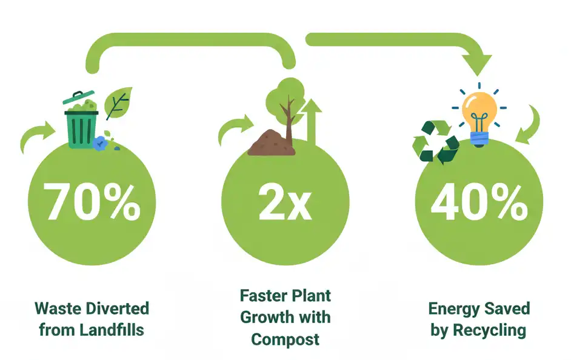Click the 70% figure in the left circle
point(92,201)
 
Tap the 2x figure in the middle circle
point(285,202)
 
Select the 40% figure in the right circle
point(479,202)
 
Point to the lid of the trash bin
point(78,97)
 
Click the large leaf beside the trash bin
point(118,103)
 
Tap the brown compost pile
point(272,142)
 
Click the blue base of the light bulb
point(479,139)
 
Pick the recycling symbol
point(436,142)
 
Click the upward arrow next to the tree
point(312,122)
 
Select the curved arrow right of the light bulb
point(529,125)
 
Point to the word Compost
point(285,339)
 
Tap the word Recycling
point(489,331)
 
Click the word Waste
point(58,308)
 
